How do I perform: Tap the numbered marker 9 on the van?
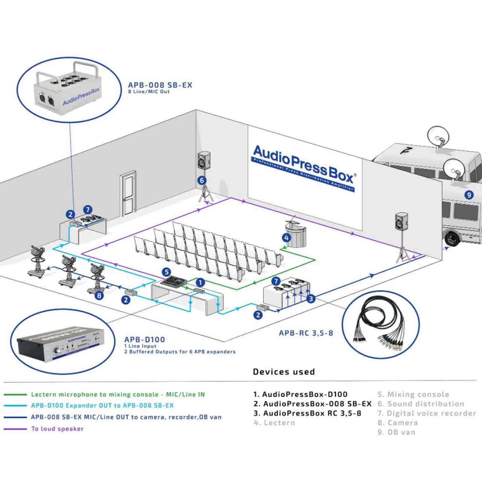coord(468,195)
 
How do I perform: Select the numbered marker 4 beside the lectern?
coord(287,238)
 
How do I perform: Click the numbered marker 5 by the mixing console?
coord(166,272)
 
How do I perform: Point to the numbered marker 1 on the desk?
coord(201,282)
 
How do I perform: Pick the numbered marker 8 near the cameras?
coord(99,296)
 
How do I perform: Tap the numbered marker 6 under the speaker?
coord(202,180)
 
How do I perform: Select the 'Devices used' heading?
coord(284,372)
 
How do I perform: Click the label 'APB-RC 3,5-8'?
coord(306,333)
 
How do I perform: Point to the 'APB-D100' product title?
coord(145,339)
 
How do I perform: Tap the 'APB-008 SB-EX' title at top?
coord(160,85)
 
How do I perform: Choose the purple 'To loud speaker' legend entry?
coord(57,429)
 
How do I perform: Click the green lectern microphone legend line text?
coord(118,395)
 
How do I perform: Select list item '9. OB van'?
coord(397,432)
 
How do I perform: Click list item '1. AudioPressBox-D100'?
coord(300,395)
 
